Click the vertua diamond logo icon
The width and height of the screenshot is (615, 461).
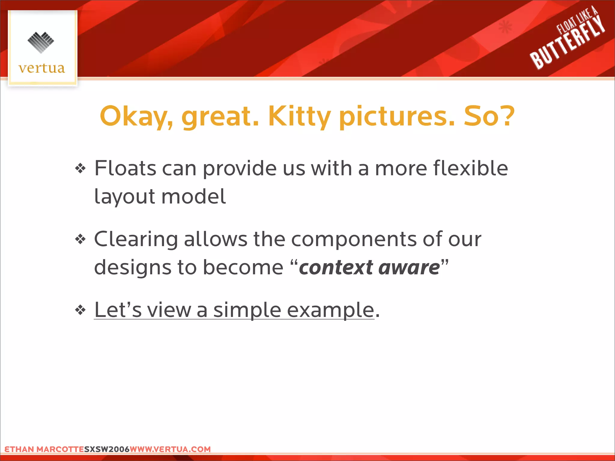tap(41, 42)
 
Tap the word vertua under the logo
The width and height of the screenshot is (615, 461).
tap(42, 68)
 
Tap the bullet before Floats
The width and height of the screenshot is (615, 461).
tap(80, 168)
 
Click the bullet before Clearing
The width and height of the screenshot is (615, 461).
tap(80, 239)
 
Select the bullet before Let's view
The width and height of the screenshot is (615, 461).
tap(80, 310)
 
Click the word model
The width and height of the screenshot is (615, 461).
tap(194, 197)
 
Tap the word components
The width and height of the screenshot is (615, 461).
tap(354, 239)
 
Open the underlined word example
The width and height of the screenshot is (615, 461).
tap(330, 310)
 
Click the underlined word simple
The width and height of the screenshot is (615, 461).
tap(247, 310)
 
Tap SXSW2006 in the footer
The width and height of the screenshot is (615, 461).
tap(107, 449)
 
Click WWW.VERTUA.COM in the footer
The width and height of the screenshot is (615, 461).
tap(170, 449)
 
